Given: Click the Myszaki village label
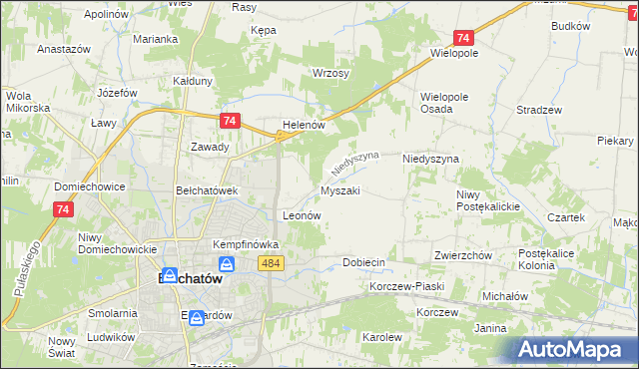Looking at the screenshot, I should pos(340,189).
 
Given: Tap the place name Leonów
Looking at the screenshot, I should pos(301,214).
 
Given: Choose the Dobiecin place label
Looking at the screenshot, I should pos(363,262).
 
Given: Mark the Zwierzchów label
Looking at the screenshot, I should pos(463,255).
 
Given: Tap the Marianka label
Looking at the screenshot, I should pos(155,40).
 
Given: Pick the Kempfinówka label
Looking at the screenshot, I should pos(245,244).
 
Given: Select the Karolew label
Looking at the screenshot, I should pos(381,337).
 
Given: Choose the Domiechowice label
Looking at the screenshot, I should pos(90,186).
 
